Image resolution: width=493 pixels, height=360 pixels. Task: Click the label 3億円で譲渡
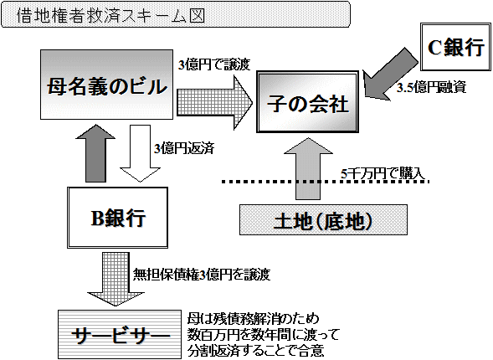click(213, 64)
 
